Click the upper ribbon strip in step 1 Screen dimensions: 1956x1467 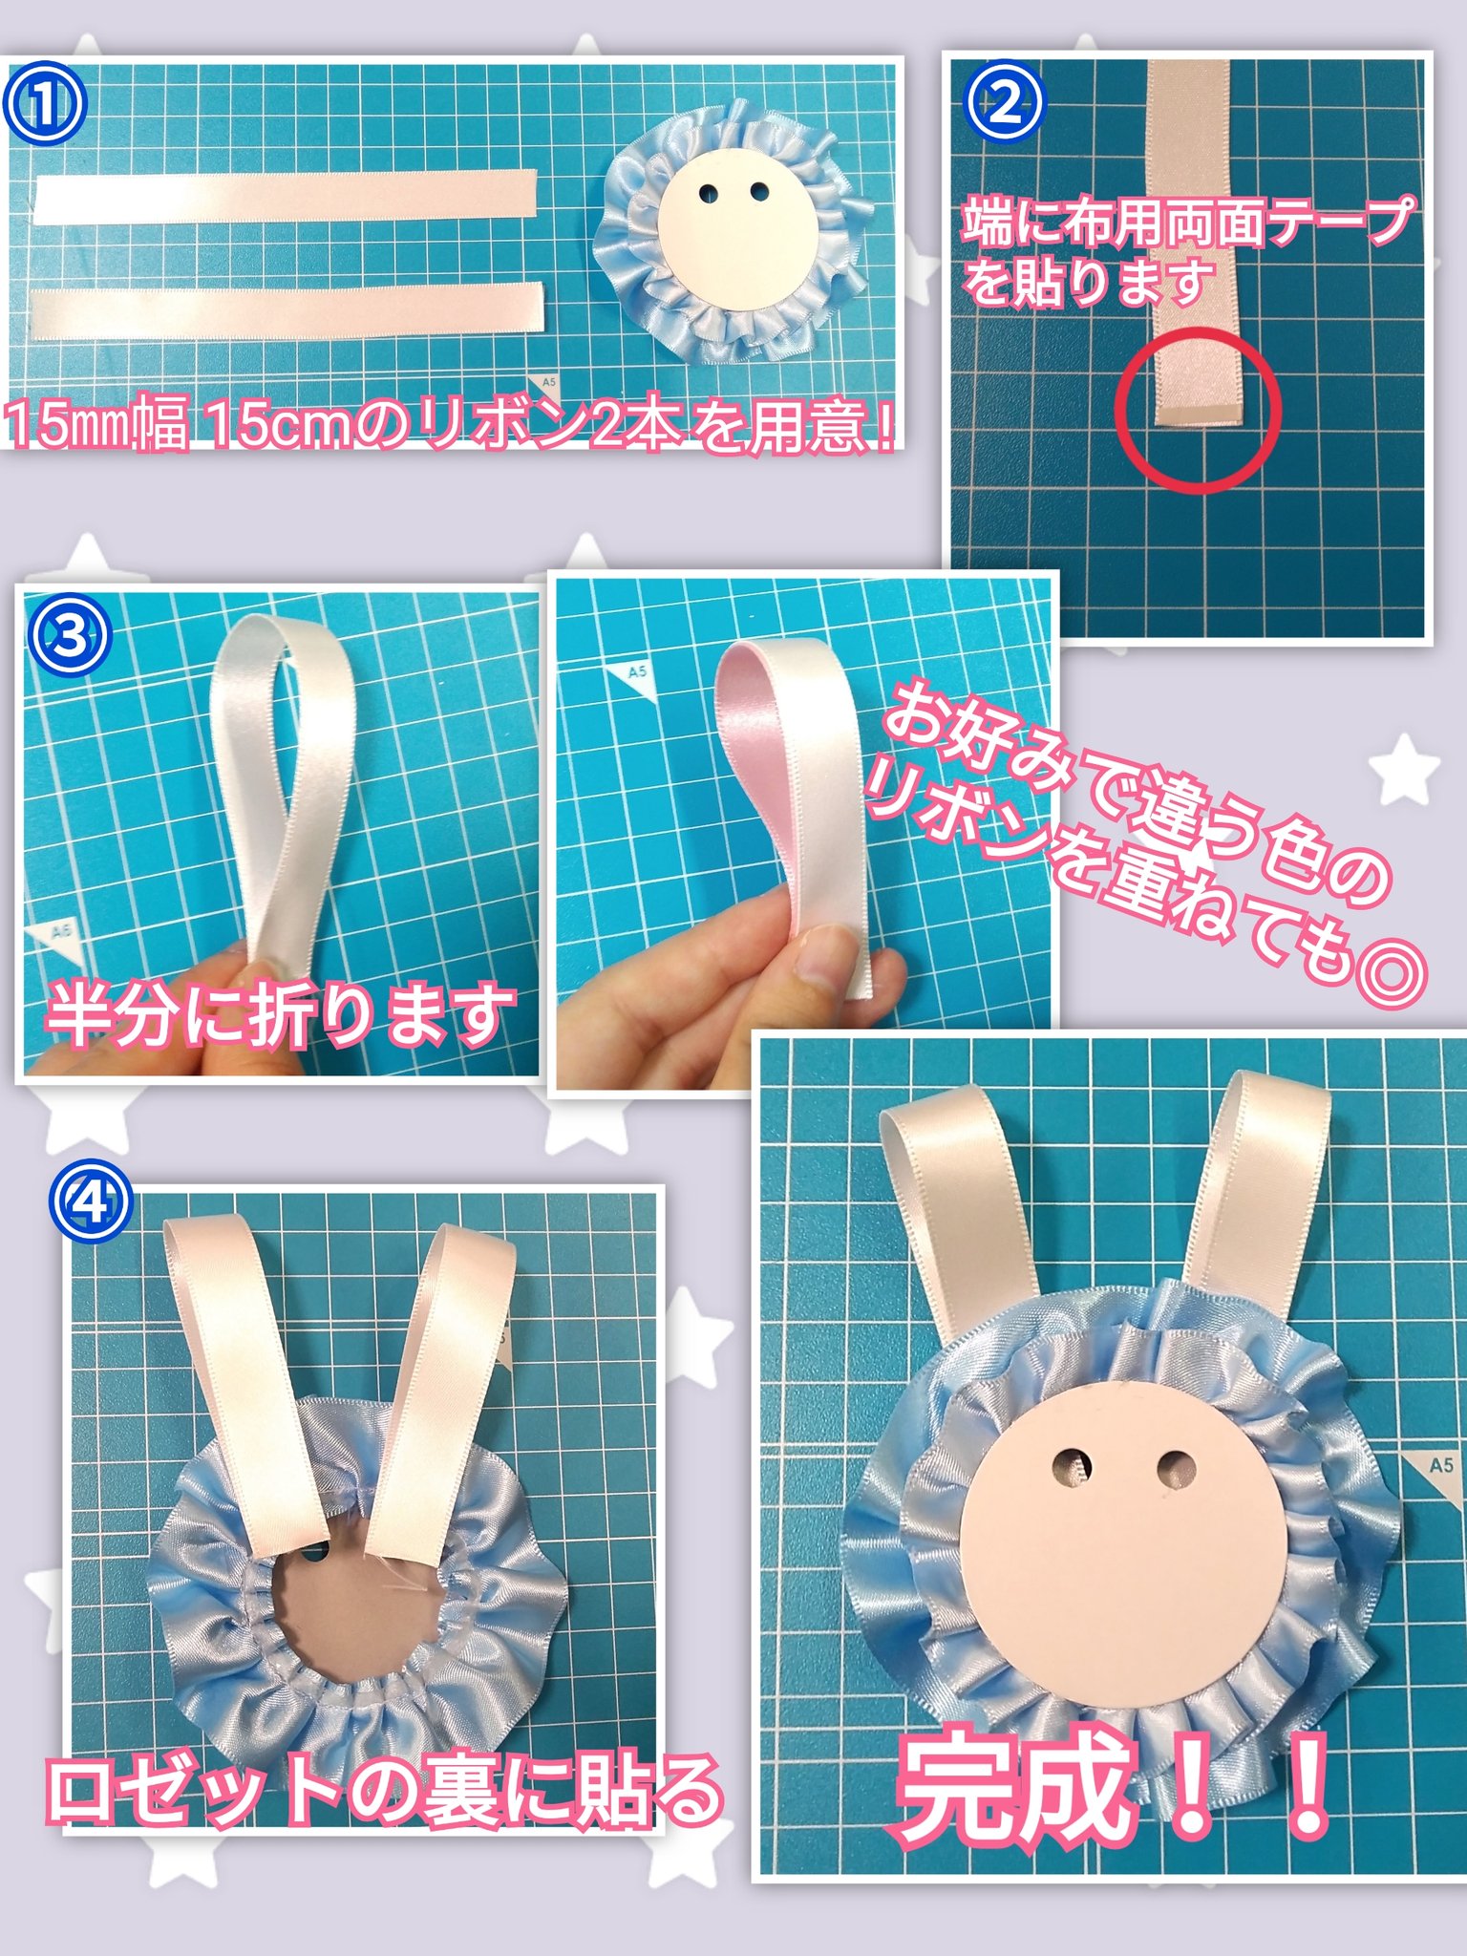(x=287, y=197)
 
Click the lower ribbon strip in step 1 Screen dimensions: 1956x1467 (x=287, y=310)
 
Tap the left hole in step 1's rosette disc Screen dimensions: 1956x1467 (x=709, y=193)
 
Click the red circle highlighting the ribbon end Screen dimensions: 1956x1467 (x=1198, y=411)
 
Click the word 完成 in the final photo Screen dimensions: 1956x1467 (x=1017, y=1786)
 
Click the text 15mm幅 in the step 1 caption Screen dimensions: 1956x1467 (x=96, y=426)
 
